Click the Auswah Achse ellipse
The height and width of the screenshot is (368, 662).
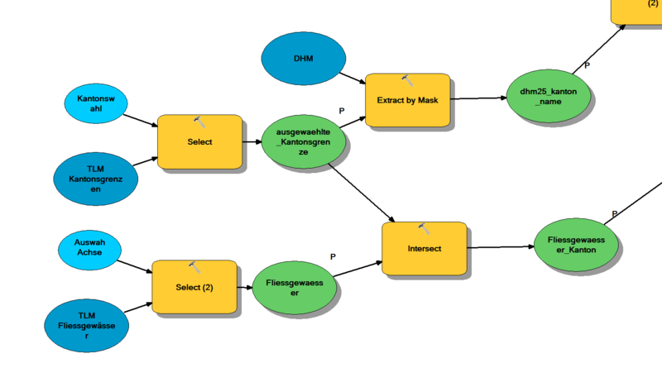pos(89,248)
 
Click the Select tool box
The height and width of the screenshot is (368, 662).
pos(199,142)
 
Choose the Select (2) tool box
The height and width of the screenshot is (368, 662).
pos(194,287)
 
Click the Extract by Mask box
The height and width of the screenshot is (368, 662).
pos(407,100)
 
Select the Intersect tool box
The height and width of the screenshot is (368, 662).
pos(424,249)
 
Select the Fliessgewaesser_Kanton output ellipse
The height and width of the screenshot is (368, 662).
pos(576,245)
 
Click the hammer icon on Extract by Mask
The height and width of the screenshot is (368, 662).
pos(407,80)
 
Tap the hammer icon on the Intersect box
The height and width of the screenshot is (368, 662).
pos(424,228)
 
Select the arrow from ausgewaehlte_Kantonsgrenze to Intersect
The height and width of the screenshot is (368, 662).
pos(362,194)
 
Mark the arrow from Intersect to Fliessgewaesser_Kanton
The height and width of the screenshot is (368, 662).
pos(500,246)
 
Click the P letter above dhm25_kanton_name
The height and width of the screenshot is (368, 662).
pos(588,65)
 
